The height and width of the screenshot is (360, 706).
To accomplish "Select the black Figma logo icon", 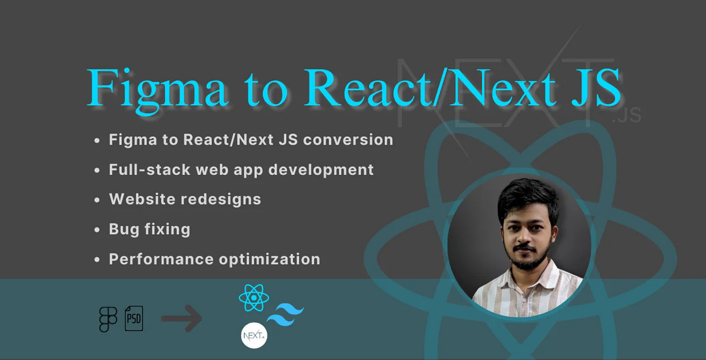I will [x=108, y=319].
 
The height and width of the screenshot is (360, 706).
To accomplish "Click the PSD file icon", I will [x=134, y=319].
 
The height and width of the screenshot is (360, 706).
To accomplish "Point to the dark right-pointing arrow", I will [x=182, y=319].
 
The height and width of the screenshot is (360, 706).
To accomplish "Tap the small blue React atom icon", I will [x=254, y=298].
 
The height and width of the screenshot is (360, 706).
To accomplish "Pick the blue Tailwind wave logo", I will [x=285, y=315].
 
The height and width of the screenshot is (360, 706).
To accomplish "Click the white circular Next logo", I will [x=254, y=336].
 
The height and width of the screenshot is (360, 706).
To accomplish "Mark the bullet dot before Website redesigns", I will [x=97, y=200].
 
